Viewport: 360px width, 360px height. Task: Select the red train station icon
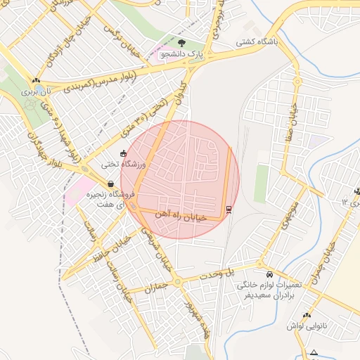[x=229, y=209]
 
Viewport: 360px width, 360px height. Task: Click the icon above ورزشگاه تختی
[x=124, y=153]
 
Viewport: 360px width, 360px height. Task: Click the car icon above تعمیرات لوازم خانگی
[x=270, y=274]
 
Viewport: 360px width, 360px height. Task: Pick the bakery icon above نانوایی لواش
[x=307, y=315]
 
